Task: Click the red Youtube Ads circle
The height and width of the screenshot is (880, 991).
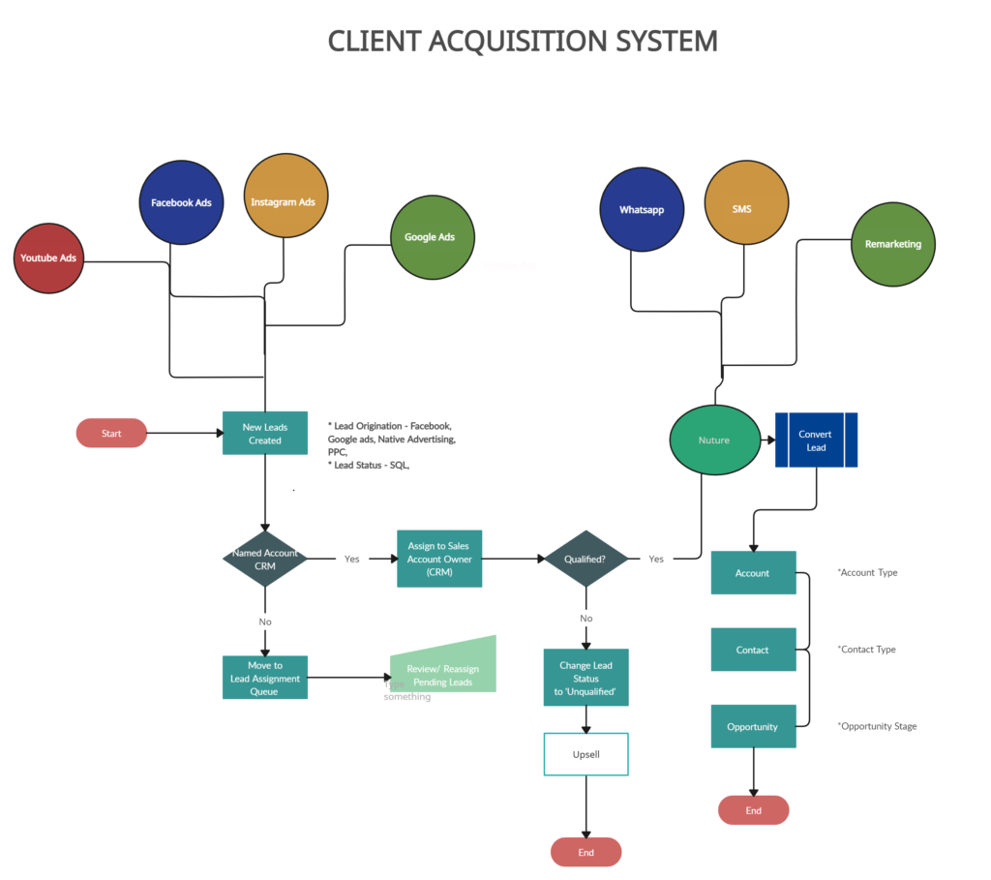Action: pyautogui.click(x=48, y=258)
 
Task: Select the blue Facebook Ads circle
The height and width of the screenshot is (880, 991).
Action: pyautogui.click(x=181, y=202)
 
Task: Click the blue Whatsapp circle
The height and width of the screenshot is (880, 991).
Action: pyautogui.click(x=642, y=209)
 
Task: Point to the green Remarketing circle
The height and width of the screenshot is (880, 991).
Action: pyautogui.click(x=893, y=244)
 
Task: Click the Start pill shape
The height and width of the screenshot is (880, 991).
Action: pyautogui.click(x=111, y=433)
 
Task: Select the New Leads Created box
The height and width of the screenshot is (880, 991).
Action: pyautogui.click(x=265, y=433)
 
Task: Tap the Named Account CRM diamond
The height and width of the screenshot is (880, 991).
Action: pyautogui.click(x=265, y=559)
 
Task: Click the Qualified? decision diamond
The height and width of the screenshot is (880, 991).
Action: pyautogui.click(x=586, y=559)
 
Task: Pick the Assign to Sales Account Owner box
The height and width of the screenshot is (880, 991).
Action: pyautogui.click(x=439, y=559)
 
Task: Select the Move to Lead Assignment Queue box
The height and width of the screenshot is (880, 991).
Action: pyautogui.click(x=265, y=678)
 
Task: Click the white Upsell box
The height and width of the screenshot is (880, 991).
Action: pyautogui.click(x=586, y=754)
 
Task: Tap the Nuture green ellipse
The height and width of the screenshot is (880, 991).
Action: pyautogui.click(x=714, y=440)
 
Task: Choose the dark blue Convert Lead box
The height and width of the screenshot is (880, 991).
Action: pyautogui.click(x=816, y=440)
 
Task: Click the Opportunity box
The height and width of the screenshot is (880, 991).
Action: pyautogui.click(x=753, y=726)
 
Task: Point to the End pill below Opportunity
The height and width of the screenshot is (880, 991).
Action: pyautogui.click(x=753, y=810)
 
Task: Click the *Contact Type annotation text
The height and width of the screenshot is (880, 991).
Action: pyautogui.click(x=866, y=650)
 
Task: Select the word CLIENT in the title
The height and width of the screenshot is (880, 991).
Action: pyautogui.click(x=374, y=41)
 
